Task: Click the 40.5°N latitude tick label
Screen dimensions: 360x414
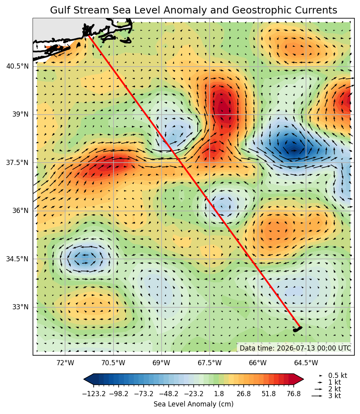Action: point(17,66)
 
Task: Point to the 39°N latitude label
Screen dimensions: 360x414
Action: point(20,114)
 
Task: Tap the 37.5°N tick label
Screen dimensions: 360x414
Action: point(17,163)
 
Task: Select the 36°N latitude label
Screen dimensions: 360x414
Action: point(20,211)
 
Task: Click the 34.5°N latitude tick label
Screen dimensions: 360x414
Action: point(17,259)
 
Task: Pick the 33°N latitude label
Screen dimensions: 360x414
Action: point(20,307)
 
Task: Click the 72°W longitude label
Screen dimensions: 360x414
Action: point(65,363)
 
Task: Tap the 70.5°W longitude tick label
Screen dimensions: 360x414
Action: point(114,363)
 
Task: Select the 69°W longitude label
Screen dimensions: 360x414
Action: point(162,363)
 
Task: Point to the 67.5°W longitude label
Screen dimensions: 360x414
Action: point(210,363)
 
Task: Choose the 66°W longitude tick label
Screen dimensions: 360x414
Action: point(258,363)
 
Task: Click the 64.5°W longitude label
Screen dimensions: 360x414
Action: point(306,363)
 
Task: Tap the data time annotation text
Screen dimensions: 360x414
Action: point(295,348)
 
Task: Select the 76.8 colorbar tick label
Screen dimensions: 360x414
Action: point(294,394)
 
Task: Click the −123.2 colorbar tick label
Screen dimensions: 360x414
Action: point(94,394)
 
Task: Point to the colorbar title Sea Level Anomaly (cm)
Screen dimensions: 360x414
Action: point(193,404)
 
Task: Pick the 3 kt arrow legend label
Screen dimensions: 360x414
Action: point(335,396)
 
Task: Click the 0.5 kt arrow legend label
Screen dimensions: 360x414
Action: point(337,376)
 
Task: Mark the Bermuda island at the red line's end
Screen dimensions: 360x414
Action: point(297,329)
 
